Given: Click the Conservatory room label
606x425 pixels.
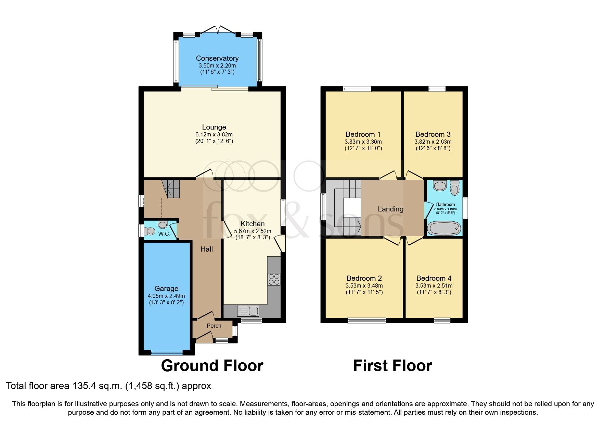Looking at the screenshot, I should (217, 58).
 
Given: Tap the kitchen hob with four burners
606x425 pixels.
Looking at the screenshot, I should (274, 279).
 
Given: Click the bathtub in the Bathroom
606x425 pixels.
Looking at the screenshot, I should (444, 228).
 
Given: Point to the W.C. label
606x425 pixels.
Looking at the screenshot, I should (164, 234).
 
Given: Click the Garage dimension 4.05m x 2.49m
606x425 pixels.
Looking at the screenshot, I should (166, 296).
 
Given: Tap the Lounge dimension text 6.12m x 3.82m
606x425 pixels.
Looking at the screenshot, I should (214, 134).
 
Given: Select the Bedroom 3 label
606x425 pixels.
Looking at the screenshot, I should (433, 134).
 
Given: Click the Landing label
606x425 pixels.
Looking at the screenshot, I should (390, 209).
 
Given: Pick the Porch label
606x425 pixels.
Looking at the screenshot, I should (214, 326).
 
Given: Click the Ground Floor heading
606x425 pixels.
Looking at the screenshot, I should (212, 366).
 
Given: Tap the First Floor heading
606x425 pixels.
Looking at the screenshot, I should (392, 366).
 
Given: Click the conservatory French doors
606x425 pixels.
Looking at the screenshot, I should (218, 30).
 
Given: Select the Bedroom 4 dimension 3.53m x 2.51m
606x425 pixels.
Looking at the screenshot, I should (434, 286).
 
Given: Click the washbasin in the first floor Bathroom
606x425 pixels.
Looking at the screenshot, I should (440, 186).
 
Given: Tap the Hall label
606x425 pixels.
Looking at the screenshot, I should (206, 249).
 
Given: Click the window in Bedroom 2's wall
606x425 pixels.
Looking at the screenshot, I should (366, 320).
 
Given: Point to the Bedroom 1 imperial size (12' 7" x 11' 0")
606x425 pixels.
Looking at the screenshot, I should (363, 148).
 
